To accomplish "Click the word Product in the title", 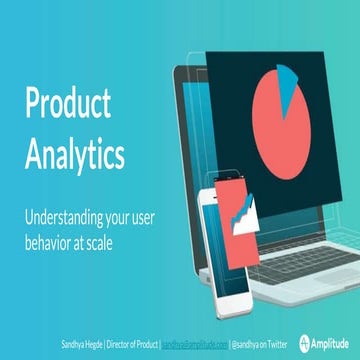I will [69, 104].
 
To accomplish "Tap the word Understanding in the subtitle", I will [66, 216].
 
